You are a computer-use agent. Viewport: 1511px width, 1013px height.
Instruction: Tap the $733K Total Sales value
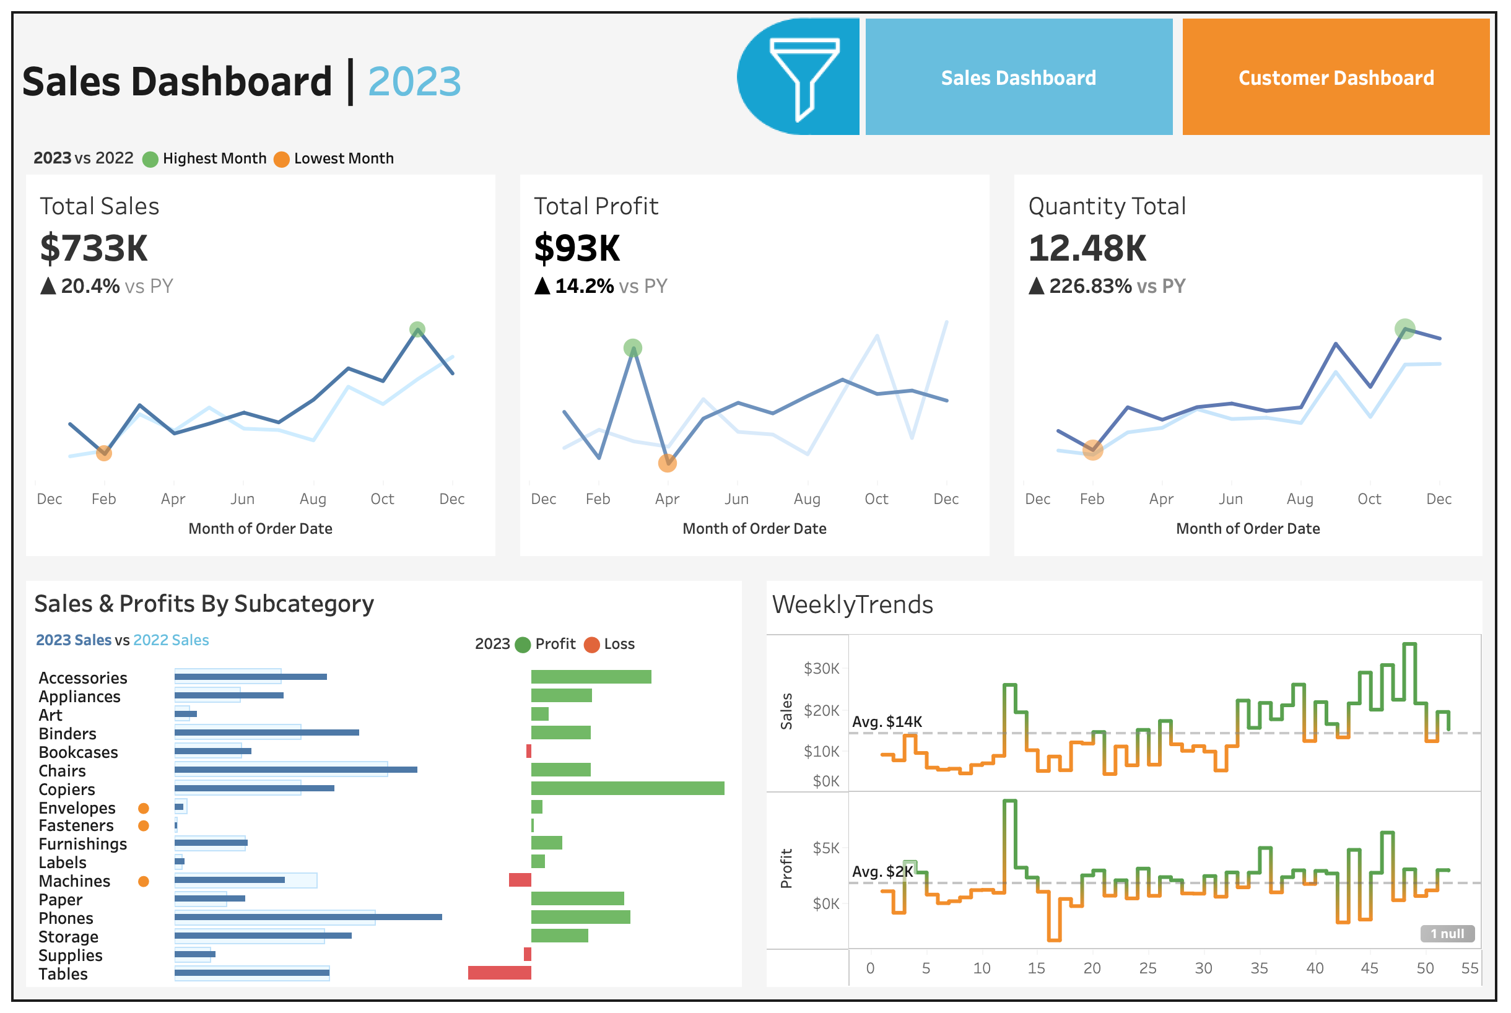pos(94,249)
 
